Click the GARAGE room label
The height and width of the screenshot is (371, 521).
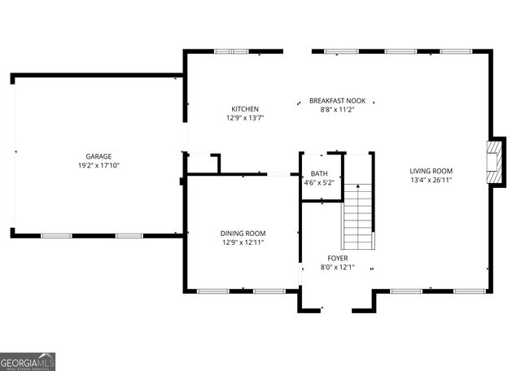click(99, 156)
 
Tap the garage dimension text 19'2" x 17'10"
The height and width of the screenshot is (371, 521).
click(99, 165)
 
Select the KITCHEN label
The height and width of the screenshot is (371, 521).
click(245, 109)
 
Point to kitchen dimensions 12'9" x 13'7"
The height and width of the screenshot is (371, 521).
click(245, 118)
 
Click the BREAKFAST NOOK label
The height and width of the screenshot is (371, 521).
click(337, 101)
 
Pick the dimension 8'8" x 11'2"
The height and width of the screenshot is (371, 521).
click(337, 110)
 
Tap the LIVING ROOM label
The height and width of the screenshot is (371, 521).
click(431, 171)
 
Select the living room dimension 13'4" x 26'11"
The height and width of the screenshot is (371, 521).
click(431, 180)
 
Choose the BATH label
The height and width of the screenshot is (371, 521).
click(318, 173)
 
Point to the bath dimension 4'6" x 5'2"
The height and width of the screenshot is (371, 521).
click(318, 182)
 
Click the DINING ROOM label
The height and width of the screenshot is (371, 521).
click(243, 233)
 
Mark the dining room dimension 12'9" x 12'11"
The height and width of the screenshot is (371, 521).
click(243, 242)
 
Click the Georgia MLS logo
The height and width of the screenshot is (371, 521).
click(28, 362)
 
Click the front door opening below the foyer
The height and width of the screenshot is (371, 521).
click(337, 309)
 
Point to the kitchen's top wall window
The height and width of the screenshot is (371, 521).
click(230, 52)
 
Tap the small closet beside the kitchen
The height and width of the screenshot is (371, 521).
click(204, 163)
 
